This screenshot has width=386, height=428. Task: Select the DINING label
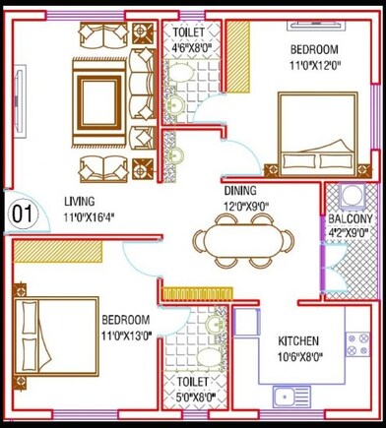click(x=240, y=190)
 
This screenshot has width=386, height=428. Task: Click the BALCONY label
click(x=351, y=218)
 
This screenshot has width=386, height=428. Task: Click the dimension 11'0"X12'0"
click(x=314, y=65)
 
